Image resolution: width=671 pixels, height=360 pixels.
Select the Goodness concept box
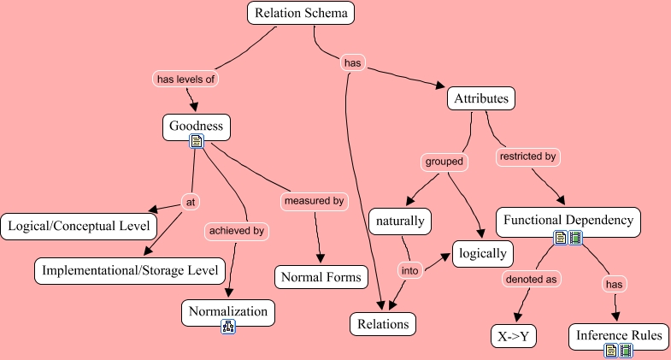tap(196, 127)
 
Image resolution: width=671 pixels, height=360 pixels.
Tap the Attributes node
tap(481, 99)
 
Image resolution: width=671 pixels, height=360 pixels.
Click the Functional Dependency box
tap(568, 221)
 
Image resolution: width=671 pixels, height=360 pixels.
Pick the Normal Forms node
tap(321, 277)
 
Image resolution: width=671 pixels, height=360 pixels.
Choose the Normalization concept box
tap(228, 312)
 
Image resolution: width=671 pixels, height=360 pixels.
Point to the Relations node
tap(383, 324)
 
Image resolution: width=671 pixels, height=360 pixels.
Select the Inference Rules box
tap(619, 336)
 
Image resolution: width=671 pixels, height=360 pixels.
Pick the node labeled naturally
tap(400, 221)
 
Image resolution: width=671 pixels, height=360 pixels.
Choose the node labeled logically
tap(483, 254)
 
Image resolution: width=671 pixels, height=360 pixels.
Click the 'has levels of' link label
tap(186, 79)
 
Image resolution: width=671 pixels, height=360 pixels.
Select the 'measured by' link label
tap(315, 201)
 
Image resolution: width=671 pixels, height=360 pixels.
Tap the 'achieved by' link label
tap(236, 230)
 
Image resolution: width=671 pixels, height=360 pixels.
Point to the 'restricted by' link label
tap(527, 157)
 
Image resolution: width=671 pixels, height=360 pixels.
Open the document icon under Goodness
tap(196, 140)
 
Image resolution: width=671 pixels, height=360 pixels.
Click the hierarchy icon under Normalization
tap(228, 326)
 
